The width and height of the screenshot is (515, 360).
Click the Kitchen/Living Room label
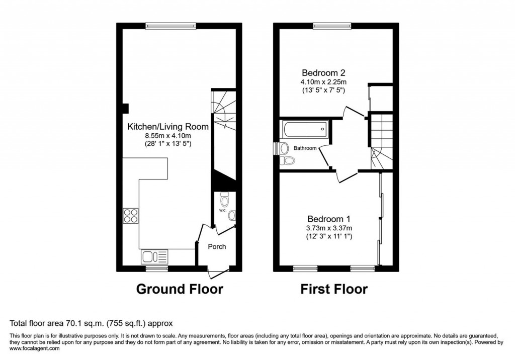[167, 127]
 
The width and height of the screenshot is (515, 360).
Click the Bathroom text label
[305, 148]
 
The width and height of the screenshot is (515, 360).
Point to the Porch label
[217, 246]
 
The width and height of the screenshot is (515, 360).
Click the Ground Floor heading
[180, 289]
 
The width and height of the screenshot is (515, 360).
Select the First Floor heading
[334, 289]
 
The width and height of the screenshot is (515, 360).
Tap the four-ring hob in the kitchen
[131, 215]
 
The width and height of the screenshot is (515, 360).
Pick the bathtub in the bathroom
[304, 130]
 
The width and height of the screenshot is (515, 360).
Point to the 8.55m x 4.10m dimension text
[167, 136]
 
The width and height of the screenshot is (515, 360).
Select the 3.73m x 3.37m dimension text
[329, 228]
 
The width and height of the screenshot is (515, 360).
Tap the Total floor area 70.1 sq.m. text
[92, 323]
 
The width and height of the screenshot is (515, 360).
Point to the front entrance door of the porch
[217, 274]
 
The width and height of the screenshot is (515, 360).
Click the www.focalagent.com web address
[35, 348]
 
